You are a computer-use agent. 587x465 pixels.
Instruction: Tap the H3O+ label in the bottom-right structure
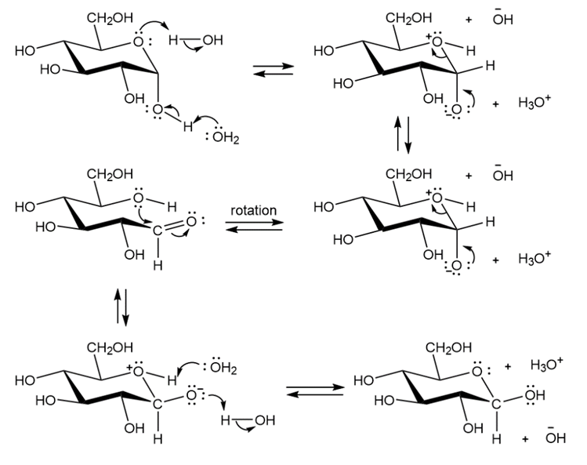[545, 365]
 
